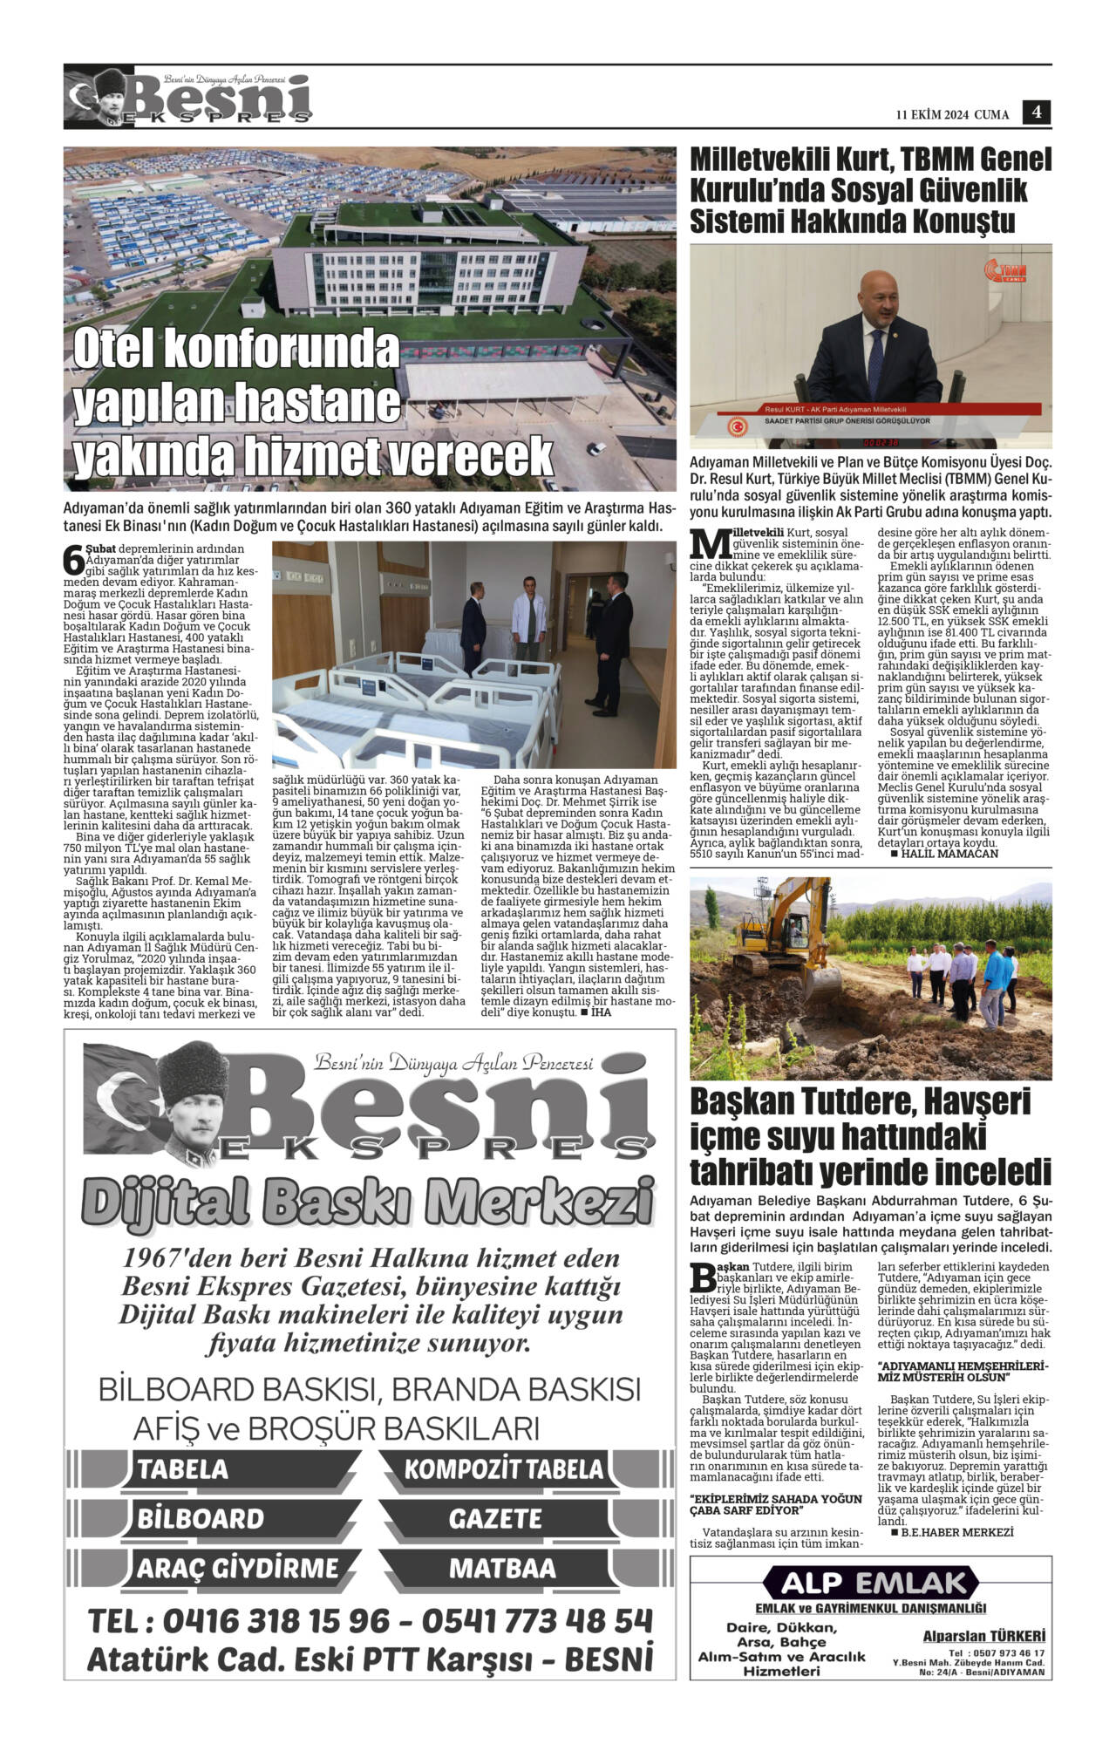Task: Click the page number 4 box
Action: (x=1037, y=112)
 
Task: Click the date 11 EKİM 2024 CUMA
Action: (x=952, y=114)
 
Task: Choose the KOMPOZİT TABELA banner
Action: (x=503, y=1469)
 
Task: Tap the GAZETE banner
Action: (x=495, y=1519)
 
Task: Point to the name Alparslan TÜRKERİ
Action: (x=983, y=1637)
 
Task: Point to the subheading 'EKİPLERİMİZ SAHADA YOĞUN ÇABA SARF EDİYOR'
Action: (x=776, y=1503)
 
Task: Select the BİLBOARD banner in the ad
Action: (x=201, y=1519)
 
